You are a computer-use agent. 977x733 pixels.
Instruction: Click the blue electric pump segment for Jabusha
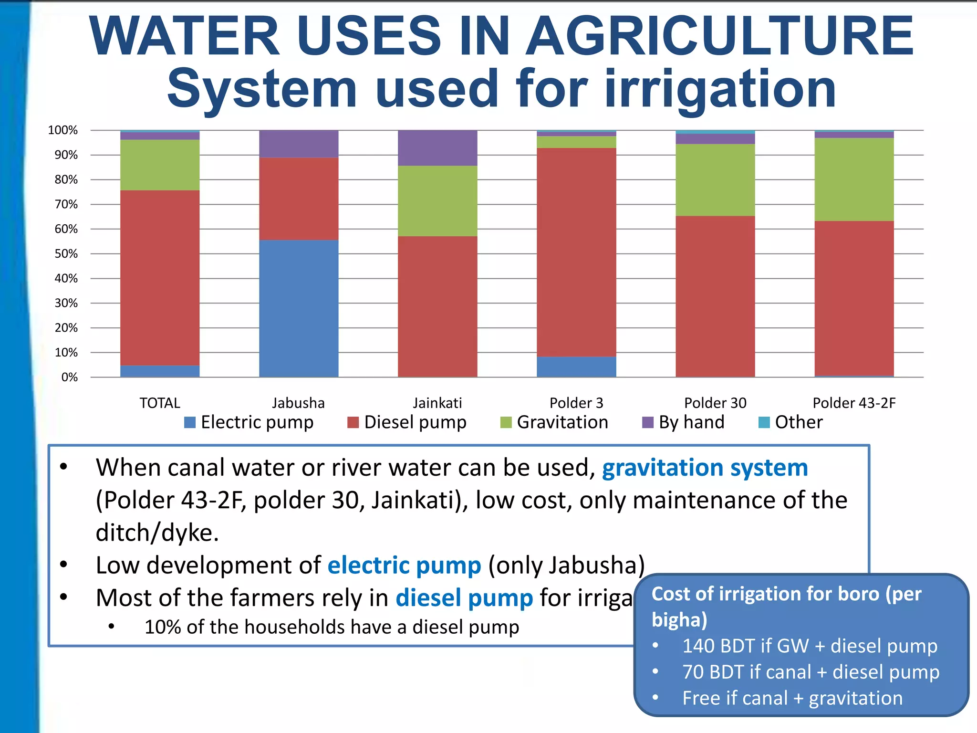(299, 308)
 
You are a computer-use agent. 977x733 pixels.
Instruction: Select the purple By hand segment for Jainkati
(437, 148)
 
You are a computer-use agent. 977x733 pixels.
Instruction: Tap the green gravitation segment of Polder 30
(715, 180)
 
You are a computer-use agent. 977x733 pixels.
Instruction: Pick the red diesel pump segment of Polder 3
(576, 252)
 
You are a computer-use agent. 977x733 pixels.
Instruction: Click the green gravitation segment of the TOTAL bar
(160, 165)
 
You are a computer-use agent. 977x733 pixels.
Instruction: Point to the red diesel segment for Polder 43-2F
(854, 298)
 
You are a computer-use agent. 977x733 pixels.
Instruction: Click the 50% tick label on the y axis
(66, 254)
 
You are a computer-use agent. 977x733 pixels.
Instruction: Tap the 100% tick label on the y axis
(63, 130)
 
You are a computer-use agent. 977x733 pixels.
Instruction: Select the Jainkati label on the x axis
(437, 403)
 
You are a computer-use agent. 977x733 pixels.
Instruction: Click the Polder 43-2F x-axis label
(854, 403)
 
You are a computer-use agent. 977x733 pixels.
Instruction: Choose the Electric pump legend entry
(249, 422)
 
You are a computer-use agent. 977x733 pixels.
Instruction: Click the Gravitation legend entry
(554, 422)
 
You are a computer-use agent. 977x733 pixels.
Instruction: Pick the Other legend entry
(791, 422)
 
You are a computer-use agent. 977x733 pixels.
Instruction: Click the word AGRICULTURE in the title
(719, 37)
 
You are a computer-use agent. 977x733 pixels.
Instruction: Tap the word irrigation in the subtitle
(720, 89)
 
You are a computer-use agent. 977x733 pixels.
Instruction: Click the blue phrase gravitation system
(705, 468)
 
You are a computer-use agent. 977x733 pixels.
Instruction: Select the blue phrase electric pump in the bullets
(404, 565)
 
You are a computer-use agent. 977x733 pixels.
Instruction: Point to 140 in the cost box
(698, 646)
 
